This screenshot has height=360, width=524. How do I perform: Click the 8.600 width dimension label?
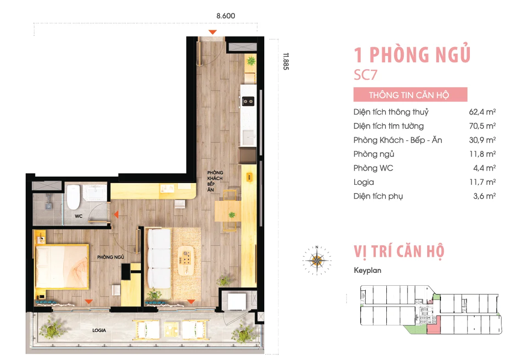(x=226, y=16)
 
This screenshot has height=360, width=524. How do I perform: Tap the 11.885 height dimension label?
(x=286, y=61)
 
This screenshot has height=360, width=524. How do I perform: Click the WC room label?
(x=78, y=216)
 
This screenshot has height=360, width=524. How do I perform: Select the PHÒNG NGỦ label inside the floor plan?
(x=111, y=257)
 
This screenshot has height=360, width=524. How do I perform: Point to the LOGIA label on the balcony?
(x=99, y=330)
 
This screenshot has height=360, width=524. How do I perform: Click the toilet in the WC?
(x=73, y=197)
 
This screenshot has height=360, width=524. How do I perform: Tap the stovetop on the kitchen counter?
(x=248, y=101)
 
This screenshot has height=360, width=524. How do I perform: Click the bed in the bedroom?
(x=62, y=266)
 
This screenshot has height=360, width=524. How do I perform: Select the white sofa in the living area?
(x=159, y=258)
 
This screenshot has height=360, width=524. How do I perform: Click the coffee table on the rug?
(x=186, y=260)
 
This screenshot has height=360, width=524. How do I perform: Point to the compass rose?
(x=317, y=260)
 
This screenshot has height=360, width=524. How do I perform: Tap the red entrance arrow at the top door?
(x=212, y=32)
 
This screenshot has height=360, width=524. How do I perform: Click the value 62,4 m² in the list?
(x=482, y=112)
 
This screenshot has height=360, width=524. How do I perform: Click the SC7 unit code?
(x=365, y=75)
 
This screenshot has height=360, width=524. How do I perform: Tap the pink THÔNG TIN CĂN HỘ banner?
(x=410, y=94)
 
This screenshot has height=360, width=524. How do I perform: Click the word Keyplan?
(x=367, y=271)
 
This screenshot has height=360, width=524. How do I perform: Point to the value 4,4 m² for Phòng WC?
(x=484, y=168)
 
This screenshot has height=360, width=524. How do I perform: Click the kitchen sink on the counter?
(x=249, y=137)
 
